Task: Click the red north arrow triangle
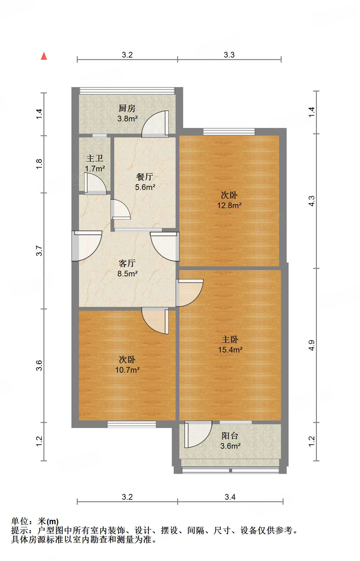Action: pyautogui.click(x=44, y=56)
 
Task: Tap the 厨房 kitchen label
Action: pyautogui.click(x=127, y=108)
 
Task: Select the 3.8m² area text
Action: pyautogui.click(x=127, y=119)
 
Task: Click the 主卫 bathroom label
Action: pyautogui.click(x=95, y=158)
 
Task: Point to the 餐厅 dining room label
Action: pyautogui.click(x=145, y=177)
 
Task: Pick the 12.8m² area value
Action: pyautogui.click(x=229, y=206)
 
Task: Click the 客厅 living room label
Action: pyautogui.click(x=127, y=263)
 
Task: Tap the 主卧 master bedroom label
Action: pyautogui.click(x=230, y=340)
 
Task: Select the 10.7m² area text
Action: pyautogui.click(x=127, y=370)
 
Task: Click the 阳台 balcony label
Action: pyautogui.click(x=230, y=436)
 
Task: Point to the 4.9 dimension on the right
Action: pyautogui.click(x=311, y=345)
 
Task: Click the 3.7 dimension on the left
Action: pyautogui.click(x=39, y=251)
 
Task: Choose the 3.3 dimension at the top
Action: pyautogui.click(x=229, y=55)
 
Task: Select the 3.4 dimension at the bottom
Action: pyautogui.click(x=230, y=497)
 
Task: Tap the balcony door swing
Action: pyautogui.click(x=198, y=435)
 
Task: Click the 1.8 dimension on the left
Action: pyautogui.click(x=39, y=164)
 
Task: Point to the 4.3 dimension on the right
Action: pyautogui.click(x=311, y=201)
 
